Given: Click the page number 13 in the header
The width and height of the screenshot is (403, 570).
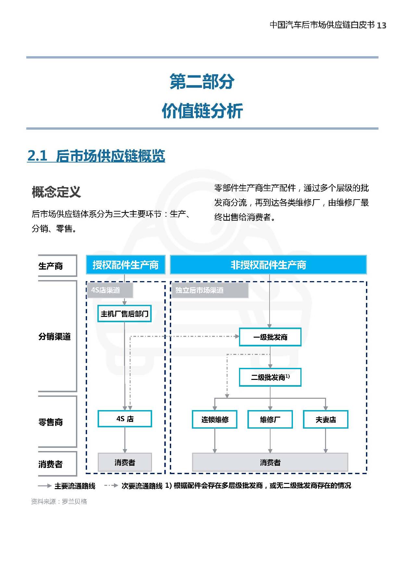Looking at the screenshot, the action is [x=382, y=25].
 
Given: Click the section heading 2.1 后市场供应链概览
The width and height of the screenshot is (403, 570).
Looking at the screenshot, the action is [x=96, y=156].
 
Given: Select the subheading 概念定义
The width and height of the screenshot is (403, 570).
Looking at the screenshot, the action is [x=56, y=192].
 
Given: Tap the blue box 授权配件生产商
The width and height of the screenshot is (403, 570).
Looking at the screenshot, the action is [x=125, y=265].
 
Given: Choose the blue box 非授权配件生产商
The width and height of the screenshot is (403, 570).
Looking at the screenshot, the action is [x=268, y=265].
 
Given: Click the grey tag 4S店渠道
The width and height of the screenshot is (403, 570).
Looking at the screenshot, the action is [x=109, y=290].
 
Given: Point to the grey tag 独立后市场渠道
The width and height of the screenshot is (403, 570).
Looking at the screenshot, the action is [x=209, y=290].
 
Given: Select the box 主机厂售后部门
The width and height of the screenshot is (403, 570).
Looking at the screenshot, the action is [x=125, y=314].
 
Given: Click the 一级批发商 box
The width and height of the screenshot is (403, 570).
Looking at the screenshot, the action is [x=270, y=337].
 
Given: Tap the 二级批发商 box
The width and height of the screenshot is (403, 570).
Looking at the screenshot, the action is [x=270, y=377].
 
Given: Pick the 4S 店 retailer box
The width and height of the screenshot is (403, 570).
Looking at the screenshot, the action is [x=125, y=419].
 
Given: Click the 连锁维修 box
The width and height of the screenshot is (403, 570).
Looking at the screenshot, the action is [x=215, y=420].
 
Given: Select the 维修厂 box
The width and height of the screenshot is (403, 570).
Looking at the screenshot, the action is [x=270, y=420].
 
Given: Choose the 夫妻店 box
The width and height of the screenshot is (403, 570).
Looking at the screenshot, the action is [x=326, y=420].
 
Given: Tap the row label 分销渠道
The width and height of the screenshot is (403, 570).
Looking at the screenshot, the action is [x=55, y=337].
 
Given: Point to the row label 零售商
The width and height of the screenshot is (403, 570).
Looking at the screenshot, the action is [x=51, y=422].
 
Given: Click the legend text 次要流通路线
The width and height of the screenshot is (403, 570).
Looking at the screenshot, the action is [x=142, y=486].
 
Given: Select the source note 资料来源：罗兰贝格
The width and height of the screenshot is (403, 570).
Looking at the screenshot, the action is [x=59, y=501].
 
